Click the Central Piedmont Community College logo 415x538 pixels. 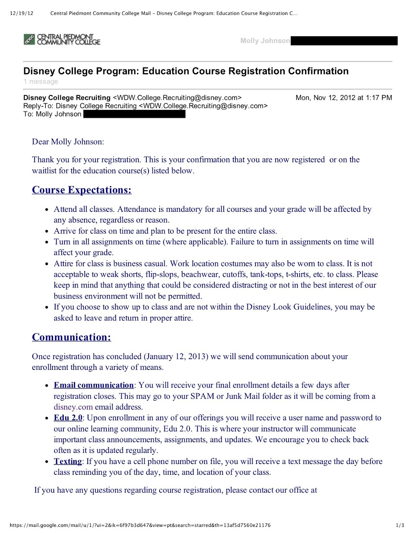tap(62, 39)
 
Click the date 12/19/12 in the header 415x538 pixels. tap(21, 13)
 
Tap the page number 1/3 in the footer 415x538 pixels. tap(400, 525)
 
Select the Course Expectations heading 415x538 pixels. tap(82, 190)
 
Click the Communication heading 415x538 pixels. tap(71, 337)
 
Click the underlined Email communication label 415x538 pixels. tap(94, 385)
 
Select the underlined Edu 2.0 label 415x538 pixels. tap(68, 418)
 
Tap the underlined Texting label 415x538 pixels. tap(68, 462)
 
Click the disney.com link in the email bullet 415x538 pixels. tap(73, 407)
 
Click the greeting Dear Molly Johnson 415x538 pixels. tap(68, 142)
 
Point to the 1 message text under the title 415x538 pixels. tap(41, 82)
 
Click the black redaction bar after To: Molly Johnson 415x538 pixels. tap(134, 114)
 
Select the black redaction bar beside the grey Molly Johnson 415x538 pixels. tap(344, 41)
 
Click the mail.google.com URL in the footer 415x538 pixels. tap(140, 525)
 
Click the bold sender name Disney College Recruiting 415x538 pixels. tap(67, 98)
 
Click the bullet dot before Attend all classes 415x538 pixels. tap(47, 209)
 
